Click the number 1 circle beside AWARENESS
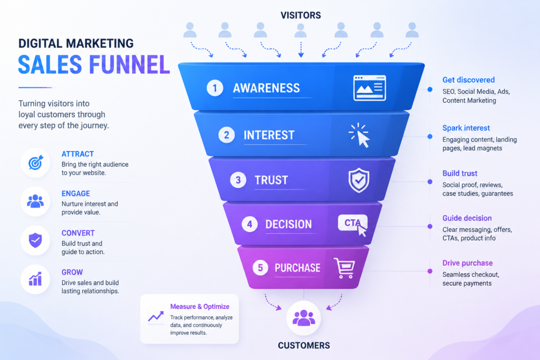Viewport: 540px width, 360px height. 215,88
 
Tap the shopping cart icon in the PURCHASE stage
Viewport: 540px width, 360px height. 344,268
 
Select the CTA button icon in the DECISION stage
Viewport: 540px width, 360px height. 353,225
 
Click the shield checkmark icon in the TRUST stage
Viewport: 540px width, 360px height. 359,180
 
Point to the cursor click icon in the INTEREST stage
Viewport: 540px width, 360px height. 359,135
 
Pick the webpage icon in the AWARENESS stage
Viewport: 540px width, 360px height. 370,88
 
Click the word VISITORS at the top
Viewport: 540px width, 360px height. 301,15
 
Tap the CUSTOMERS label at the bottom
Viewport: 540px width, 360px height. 304,346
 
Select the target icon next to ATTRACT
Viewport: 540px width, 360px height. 35,162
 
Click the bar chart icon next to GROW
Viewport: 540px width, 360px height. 35,279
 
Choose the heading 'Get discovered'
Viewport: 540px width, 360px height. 468,80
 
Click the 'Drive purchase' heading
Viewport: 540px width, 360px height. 467,263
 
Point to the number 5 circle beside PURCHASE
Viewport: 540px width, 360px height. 261,268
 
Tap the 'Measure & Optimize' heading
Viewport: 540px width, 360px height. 200,306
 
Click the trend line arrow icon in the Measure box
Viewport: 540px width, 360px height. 156,316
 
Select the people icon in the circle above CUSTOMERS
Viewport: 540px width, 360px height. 304,318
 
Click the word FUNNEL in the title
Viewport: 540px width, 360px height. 130,65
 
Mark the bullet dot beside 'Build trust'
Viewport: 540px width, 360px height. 430,182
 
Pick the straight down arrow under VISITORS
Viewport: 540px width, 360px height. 301,50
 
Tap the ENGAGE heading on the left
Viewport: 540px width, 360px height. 76,193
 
